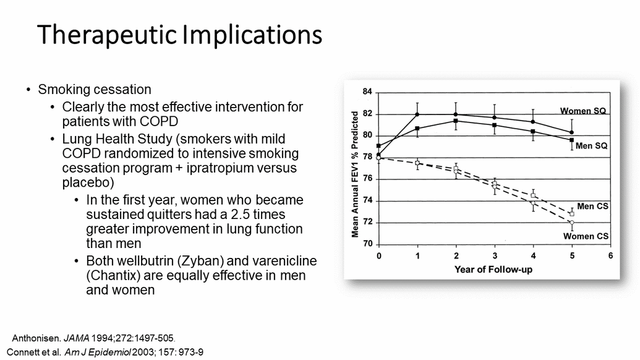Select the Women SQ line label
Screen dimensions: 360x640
tap(583, 111)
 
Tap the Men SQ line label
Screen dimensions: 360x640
tap(591, 146)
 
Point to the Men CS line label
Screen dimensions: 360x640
tap(592, 206)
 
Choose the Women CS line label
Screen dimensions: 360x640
tap(586, 236)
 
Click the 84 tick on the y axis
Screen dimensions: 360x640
tap(367, 92)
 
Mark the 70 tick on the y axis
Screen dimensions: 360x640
tap(367, 244)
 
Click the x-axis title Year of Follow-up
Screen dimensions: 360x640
tap(493, 269)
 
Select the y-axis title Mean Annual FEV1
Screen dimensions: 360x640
tap(356, 174)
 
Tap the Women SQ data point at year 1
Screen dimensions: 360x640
tap(417, 114)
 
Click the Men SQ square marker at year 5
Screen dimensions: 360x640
tap(571, 140)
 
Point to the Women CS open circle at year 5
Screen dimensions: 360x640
tap(571, 223)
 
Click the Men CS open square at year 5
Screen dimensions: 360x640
tap(571, 214)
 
